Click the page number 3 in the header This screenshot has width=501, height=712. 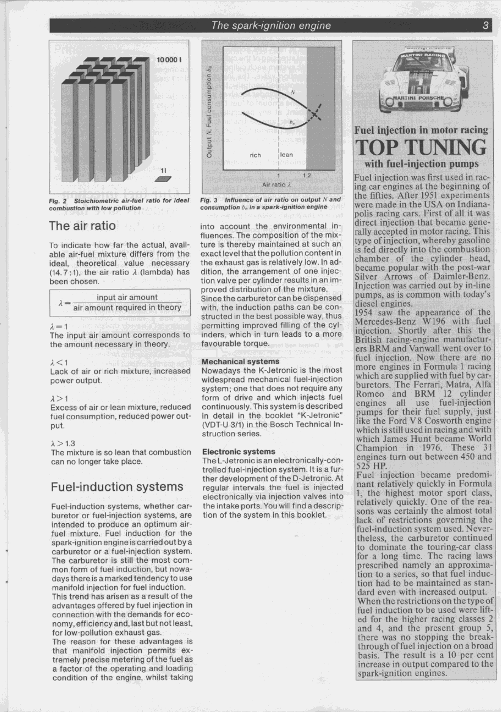(x=485, y=26)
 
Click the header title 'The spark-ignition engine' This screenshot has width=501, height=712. (x=271, y=26)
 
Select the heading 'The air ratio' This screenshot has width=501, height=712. (x=82, y=226)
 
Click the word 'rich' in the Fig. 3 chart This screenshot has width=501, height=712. (x=255, y=155)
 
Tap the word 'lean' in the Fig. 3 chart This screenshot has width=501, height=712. (x=287, y=155)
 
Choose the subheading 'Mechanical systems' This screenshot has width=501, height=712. (x=236, y=361)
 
